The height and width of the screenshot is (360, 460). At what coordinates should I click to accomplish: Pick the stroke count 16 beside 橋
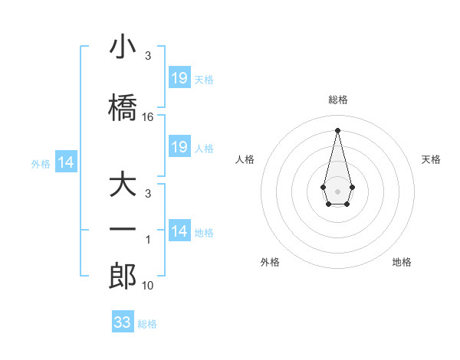tap(148, 117)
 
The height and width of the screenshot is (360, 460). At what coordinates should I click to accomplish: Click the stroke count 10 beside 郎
tap(148, 286)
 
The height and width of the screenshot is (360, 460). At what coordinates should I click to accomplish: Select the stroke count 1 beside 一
tap(148, 240)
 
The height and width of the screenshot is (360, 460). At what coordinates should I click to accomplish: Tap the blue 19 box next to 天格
tap(179, 78)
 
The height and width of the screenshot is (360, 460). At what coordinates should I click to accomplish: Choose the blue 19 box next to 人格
tap(179, 147)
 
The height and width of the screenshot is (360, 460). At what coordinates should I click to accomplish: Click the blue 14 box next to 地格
tap(179, 231)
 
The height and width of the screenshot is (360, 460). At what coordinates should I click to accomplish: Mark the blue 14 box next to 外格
tap(66, 162)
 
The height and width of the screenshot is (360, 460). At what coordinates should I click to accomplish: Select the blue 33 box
tap(122, 322)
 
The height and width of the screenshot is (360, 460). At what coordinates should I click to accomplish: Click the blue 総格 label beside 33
tap(147, 324)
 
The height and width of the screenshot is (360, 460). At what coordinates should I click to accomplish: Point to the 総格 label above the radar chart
tap(337, 100)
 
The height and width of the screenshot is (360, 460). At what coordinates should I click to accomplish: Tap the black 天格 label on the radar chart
tap(431, 159)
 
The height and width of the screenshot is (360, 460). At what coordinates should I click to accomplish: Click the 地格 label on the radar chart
tap(402, 263)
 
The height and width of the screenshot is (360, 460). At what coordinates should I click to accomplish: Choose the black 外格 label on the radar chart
tap(270, 263)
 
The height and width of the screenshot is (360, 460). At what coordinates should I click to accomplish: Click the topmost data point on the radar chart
tap(337, 129)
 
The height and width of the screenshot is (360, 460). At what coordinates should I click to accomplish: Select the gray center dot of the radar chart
tap(337, 191)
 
